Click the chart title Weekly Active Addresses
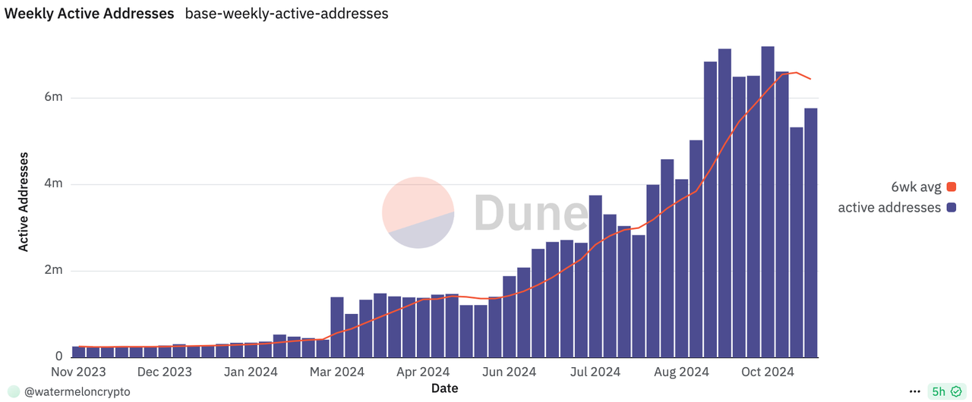(89, 14)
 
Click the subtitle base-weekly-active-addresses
(286, 14)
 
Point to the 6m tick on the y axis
(53, 98)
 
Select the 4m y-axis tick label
(53, 184)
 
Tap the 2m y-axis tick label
(53, 271)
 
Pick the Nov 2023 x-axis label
(78, 372)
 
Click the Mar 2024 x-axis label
(338, 372)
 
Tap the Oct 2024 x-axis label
(768, 372)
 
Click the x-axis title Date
(444, 388)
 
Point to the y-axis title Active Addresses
(24, 202)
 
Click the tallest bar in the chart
(768, 202)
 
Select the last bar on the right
(811, 232)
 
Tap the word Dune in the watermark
(531, 212)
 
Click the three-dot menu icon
(914, 391)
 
